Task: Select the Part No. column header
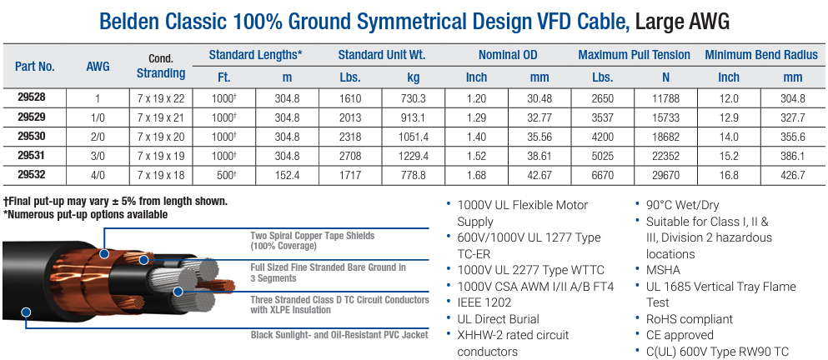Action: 34,66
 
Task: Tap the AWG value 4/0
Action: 98,175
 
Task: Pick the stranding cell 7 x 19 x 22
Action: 161,97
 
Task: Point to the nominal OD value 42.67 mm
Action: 539,175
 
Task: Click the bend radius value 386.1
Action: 792,156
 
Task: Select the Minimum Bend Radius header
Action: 760,55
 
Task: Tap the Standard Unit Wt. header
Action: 382,55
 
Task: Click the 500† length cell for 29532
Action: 224,175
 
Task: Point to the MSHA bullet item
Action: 663,270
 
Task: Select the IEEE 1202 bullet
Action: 486,302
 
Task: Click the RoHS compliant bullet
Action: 689,318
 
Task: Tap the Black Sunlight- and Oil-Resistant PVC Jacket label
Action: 339,335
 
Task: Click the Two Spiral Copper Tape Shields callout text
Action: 313,241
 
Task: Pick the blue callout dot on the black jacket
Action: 26,312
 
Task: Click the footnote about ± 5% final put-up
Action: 116,202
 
